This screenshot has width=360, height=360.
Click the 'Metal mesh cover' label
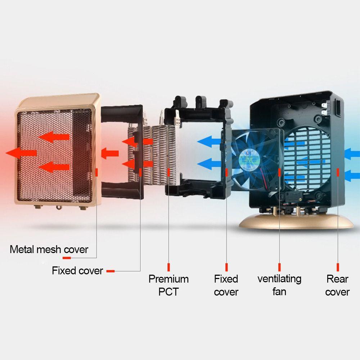click(49, 249)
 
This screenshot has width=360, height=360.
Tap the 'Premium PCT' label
click(168, 285)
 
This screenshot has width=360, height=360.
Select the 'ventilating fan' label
click(279, 285)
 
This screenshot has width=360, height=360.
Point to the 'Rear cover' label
click(337, 285)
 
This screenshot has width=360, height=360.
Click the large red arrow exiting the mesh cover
click(22, 153)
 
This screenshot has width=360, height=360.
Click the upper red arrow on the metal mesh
click(54, 137)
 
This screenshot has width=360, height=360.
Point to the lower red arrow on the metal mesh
click(54, 167)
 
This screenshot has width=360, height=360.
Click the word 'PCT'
click(168, 292)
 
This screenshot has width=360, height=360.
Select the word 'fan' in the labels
click(279, 291)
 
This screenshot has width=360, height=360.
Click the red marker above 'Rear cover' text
click(338, 267)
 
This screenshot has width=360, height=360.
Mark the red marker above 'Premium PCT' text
click(168, 267)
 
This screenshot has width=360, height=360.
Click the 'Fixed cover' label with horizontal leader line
click(77, 271)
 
